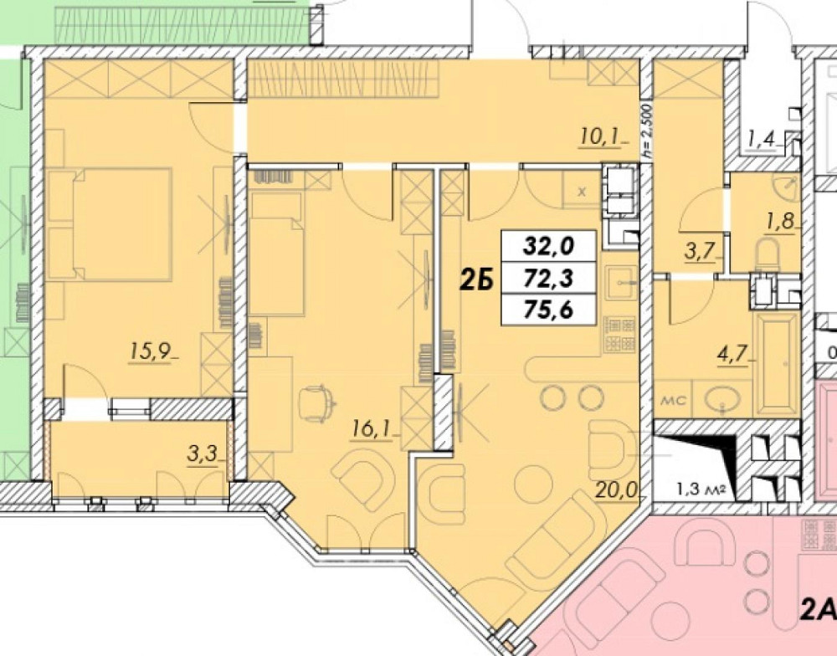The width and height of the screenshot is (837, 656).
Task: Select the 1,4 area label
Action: [760, 139]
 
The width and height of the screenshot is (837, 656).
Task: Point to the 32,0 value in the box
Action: [548, 246]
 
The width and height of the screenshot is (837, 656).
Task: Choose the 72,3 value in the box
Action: [548, 277]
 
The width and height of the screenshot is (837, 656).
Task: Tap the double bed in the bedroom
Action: [121, 223]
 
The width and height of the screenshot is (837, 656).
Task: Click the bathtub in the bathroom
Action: [777, 364]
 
